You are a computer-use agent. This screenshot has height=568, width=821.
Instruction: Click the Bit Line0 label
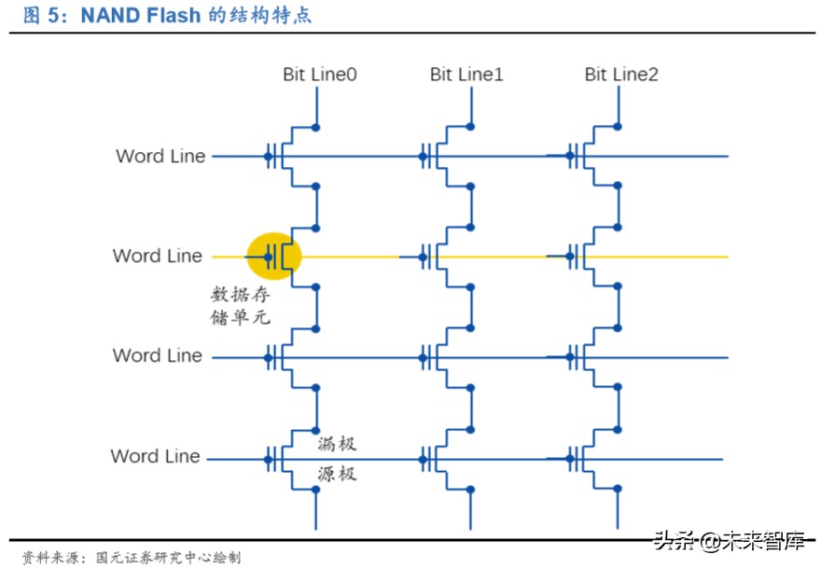(320, 74)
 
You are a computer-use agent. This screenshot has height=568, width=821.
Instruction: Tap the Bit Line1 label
(466, 74)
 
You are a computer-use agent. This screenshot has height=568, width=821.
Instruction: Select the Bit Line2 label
(621, 74)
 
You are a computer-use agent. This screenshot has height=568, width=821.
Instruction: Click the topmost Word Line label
(160, 156)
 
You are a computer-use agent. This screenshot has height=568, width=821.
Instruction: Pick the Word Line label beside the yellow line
(158, 256)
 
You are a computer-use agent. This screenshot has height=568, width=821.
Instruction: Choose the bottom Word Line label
(156, 456)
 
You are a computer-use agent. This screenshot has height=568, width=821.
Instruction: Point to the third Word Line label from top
(158, 355)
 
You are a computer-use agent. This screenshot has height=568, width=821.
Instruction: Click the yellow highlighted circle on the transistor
(274, 256)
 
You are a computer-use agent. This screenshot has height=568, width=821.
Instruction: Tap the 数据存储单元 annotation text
(241, 306)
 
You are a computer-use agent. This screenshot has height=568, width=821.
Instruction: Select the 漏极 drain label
(336, 444)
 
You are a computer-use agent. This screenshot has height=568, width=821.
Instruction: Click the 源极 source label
(336, 474)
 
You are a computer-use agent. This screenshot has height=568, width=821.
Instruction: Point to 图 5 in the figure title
(43, 16)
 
